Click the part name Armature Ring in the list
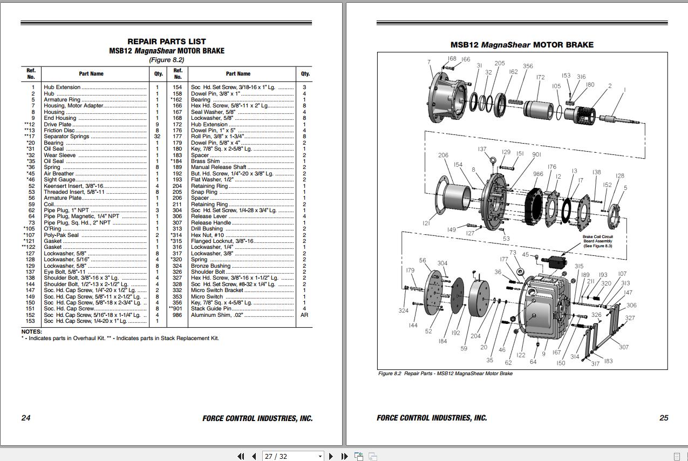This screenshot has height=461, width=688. (x=62, y=100)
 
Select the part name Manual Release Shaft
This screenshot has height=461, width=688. (x=219, y=167)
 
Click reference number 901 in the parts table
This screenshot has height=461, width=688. (x=178, y=309)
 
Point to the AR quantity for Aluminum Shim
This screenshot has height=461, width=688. (x=304, y=315)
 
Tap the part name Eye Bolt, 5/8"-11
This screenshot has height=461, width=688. (x=65, y=272)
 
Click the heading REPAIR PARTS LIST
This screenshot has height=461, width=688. (x=166, y=42)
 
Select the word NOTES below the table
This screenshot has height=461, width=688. (x=31, y=331)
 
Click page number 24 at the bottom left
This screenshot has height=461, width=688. (x=26, y=418)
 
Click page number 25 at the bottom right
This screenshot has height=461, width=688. (x=664, y=418)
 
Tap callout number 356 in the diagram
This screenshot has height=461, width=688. (x=528, y=66)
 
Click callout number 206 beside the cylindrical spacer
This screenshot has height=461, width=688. (x=443, y=155)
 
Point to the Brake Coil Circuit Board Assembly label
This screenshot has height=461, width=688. (x=597, y=241)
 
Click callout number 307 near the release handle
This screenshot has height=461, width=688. (x=623, y=347)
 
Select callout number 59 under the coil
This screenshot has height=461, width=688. (x=464, y=349)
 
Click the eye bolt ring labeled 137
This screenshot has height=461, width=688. (x=493, y=159)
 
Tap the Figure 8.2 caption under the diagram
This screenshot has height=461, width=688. (x=445, y=374)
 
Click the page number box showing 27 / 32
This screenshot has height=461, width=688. (x=292, y=456)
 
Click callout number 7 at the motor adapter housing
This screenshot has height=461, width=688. (x=429, y=62)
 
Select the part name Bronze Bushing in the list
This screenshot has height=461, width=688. (x=210, y=266)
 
